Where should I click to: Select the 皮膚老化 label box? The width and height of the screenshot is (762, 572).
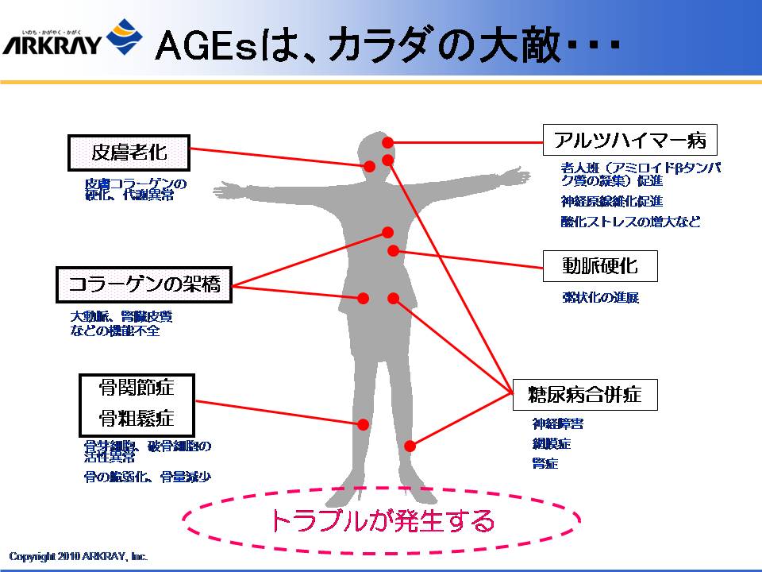tap(129, 152)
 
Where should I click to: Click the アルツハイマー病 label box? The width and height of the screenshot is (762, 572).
tap(630, 140)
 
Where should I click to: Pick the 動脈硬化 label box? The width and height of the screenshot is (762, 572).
tap(600, 265)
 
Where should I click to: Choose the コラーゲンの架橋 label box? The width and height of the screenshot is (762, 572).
tap(144, 284)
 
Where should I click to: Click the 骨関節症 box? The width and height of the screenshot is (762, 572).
tap(137, 388)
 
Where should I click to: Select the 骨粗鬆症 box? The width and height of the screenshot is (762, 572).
tap(137, 418)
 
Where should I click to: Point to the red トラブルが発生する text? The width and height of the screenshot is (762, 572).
tap(382, 521)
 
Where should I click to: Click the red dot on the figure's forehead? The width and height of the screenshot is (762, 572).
tap(388, 142)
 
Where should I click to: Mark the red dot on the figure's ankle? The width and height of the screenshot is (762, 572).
tap(410, 446)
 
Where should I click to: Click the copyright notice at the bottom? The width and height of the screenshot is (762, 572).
tap(79, 556)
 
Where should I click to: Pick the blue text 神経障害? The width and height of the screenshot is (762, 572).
tap(558, 423)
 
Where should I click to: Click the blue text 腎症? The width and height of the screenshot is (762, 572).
tap(545, 463)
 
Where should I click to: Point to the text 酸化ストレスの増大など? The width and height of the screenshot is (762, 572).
tap(631, 222)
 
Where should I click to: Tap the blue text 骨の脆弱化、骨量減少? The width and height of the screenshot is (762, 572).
tap(148, 477)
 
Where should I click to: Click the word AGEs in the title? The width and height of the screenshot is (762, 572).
tap(207, 46)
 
